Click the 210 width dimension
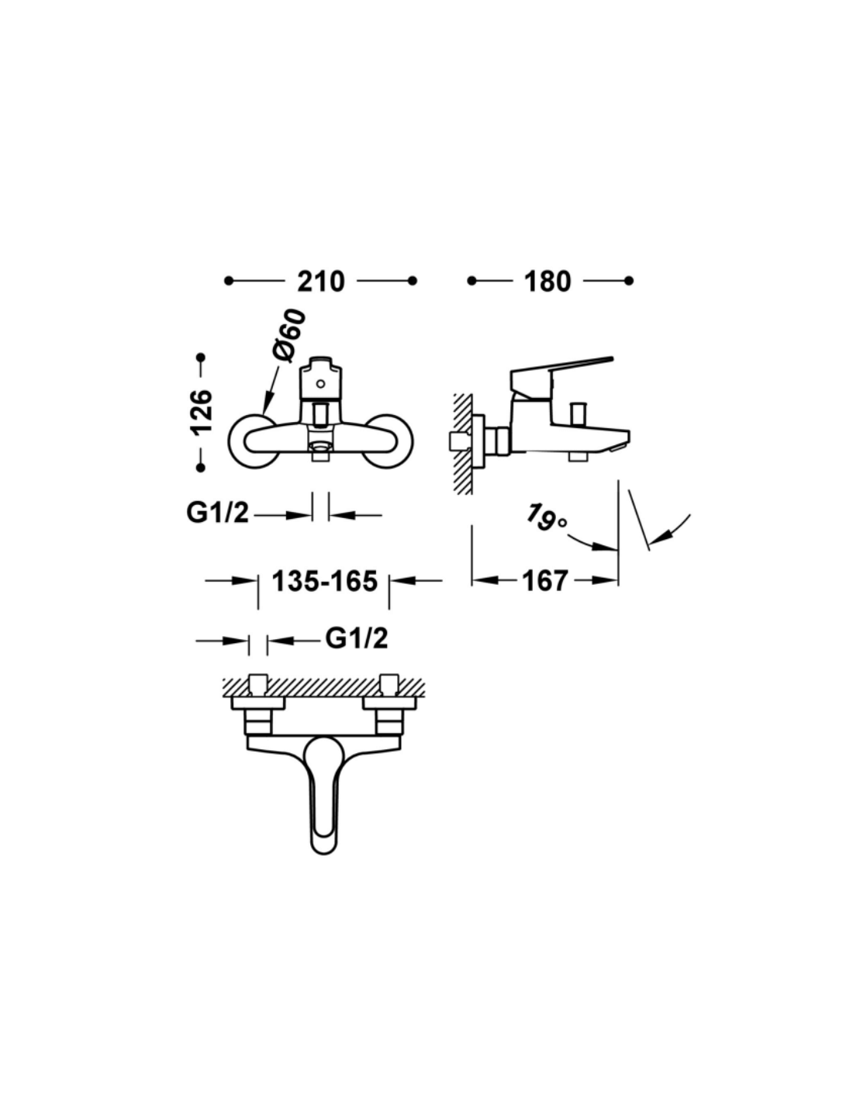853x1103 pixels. pyautogui.click(x=321, y=282)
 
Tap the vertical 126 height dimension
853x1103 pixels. pyautogui.click(x=202, y=412)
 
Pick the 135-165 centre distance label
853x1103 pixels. pyautogui.click(x=325, y=581)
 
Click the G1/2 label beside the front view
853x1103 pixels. pyautogui.click(x=218, y=513)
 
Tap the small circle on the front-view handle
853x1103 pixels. pyautogui.click(x=319, y=383)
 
